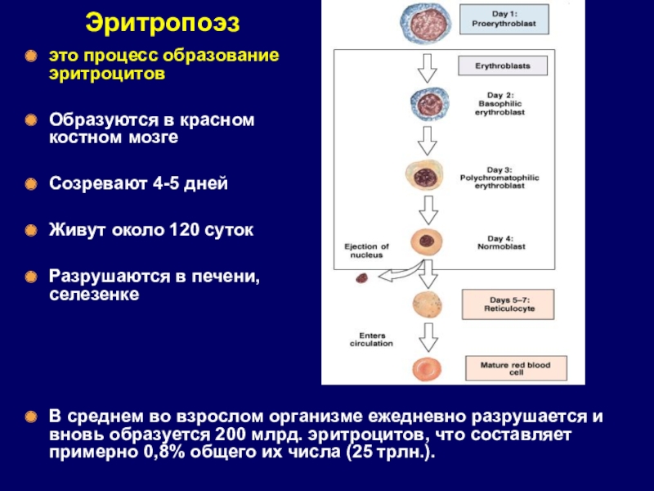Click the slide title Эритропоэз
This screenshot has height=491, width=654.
coord(163,22)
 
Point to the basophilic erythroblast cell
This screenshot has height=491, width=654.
coord(426,104)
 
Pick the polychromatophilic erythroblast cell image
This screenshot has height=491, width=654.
coord(425,175)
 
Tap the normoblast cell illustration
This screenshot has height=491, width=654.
coord(426,241)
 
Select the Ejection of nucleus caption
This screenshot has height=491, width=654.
coord(366,250)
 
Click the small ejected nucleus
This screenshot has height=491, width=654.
coord(361,279)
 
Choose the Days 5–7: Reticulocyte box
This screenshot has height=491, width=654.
coord(507,304)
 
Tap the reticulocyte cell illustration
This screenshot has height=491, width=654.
coord(426,304)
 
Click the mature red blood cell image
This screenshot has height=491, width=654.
coord(426,368)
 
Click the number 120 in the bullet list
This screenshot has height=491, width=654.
coord(185,232)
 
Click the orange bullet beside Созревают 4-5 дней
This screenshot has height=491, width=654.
coord(30,183)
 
